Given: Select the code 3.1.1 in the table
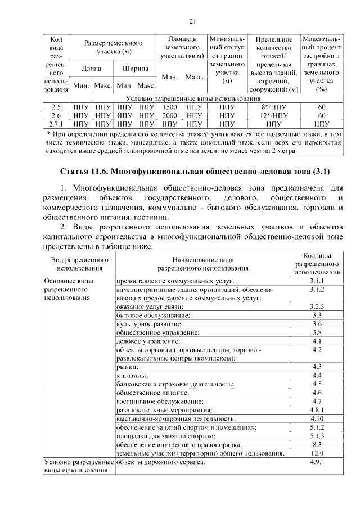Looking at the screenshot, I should coord(317,280).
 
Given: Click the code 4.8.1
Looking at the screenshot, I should coord(317,410).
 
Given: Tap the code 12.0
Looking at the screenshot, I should coord(317,453).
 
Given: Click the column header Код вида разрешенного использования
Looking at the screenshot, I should coord(317,263).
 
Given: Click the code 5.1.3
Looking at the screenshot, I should coord(317,436).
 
